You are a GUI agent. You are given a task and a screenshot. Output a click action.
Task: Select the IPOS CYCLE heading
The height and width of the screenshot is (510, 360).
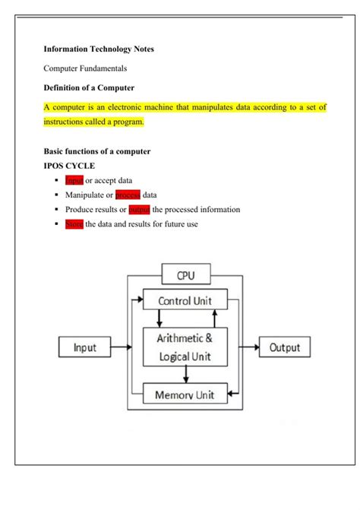click(x=69, y=165)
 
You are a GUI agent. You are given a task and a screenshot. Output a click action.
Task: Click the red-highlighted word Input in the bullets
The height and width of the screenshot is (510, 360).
click(x=74, y=180)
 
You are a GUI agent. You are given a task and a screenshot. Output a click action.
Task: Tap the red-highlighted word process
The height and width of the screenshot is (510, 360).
click(x=128, y=195)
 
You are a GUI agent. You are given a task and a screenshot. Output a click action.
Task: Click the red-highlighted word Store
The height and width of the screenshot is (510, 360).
click(x=74, y=224)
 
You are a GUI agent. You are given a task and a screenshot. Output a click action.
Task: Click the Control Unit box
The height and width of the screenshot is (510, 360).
click(x=185, y=300)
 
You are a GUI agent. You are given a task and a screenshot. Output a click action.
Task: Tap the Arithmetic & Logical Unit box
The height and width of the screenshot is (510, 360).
click(x=185, y=347)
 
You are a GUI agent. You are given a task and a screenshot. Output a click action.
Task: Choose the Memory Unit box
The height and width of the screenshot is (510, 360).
click(x=185, y=394)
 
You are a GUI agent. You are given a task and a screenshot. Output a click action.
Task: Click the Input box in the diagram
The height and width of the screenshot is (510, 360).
click(x=84, y=348)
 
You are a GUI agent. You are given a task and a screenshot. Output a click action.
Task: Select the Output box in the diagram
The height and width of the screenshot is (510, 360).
click(x=285, y=348)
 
